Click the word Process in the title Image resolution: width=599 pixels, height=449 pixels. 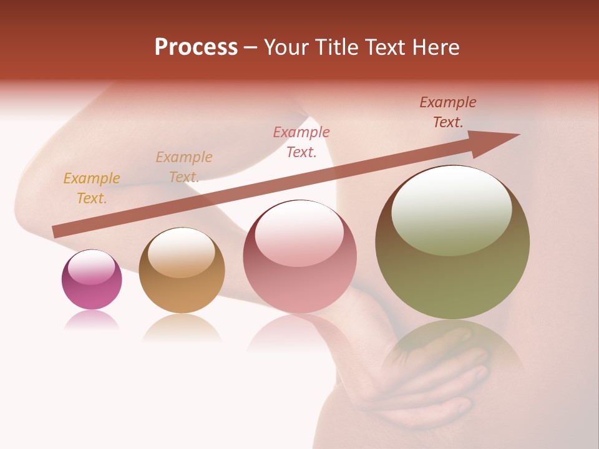point(196,47)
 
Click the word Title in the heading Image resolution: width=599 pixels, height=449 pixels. point(338,47)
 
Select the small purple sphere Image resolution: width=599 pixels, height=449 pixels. point(92,280)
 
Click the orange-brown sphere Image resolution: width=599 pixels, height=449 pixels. point(182,271)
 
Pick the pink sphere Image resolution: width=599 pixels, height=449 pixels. point(299,257)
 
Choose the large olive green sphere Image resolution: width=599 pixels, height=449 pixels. point(452,243)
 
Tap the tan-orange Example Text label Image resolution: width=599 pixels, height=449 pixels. point(184,167)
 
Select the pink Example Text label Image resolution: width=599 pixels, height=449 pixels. point(301,142)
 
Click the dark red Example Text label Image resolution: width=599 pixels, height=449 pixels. point(448,112)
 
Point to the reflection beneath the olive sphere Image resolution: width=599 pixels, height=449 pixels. point(452,349)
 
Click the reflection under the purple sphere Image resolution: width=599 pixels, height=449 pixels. point(92,321)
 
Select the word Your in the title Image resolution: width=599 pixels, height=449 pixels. point(288,47)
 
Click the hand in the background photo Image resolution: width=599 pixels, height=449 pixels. point(437,387)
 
